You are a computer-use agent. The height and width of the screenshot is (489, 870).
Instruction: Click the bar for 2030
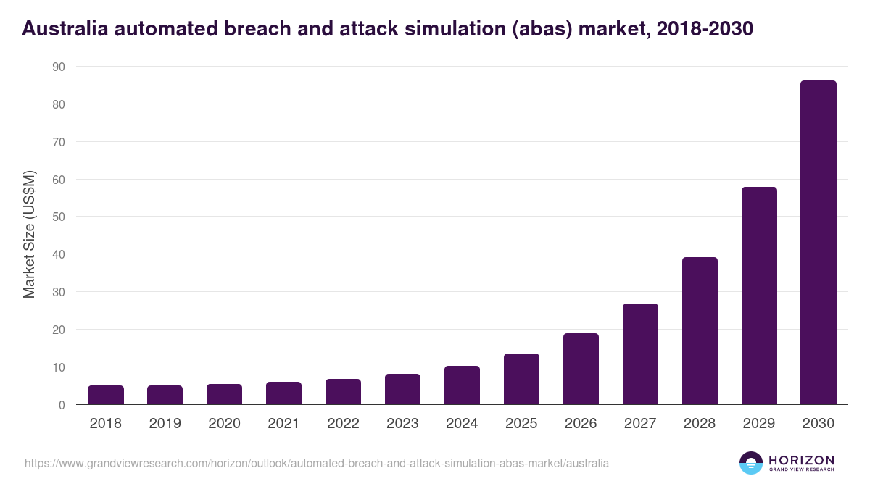tap(818, 243)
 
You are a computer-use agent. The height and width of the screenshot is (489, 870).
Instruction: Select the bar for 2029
tap(758, 296)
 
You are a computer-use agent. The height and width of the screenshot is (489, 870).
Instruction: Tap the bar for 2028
tap(699, 331)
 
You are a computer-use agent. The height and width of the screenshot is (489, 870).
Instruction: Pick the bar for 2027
tap(640, 354)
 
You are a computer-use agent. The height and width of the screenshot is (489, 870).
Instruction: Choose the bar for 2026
tap(581, 369)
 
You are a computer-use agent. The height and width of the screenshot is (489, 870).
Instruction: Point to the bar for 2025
tap(521, 379)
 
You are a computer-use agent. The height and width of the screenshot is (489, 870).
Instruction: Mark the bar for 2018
tap(106, 395)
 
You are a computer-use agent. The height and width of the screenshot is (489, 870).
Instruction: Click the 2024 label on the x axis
tap(462, 424)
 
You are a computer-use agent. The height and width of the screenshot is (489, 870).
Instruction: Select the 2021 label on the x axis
tap(283, 424)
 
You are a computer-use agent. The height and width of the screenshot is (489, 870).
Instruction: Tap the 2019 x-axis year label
tap(165, 424)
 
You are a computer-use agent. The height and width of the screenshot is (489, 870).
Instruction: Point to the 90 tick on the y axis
tap(59, 67)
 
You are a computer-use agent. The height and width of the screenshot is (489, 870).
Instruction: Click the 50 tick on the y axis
tap(59, 217)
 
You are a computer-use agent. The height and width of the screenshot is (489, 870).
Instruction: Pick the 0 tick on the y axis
tap(62, 405)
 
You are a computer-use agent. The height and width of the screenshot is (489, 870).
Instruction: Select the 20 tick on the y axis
tap(59, 330)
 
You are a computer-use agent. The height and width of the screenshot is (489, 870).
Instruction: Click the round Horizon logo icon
tap(750, 463)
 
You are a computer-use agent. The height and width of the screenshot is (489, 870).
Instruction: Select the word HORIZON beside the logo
tap(801, 459)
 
